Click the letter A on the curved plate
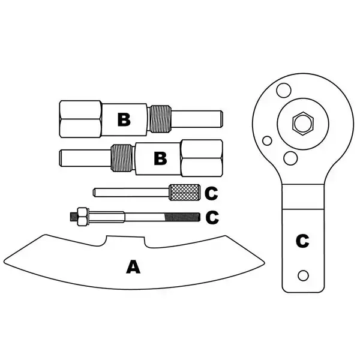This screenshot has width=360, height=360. pos(133,266)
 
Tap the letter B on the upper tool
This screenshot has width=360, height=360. pos(124,119)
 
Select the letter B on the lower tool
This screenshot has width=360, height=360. pos(160,158)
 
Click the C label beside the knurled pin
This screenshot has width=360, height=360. pos(211,193)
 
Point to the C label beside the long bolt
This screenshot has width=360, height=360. pos(212,217)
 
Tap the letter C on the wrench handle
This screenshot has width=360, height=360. pos(302,241)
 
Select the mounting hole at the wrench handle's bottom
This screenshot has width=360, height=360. pos(304,275)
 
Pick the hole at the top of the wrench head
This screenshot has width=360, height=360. pos(283,89)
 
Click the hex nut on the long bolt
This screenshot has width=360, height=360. pos(81,216)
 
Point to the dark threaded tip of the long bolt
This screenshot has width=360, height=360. pos(183,216)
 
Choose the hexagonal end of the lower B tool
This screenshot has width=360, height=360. pos(202,158)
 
